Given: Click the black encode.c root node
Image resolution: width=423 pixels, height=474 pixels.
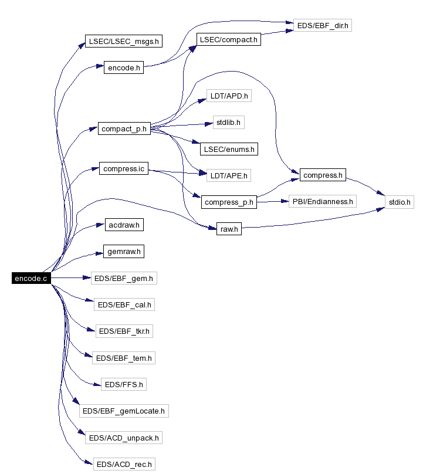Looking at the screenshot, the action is [31, 278].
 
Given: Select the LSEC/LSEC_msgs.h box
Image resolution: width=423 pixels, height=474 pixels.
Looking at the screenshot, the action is [124, 41].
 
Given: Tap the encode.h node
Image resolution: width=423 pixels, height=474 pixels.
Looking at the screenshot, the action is [124, 67].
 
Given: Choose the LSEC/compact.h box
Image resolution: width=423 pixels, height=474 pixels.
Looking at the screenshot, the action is [229, 40].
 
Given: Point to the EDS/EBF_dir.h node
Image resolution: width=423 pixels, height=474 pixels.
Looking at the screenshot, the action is [323, 25].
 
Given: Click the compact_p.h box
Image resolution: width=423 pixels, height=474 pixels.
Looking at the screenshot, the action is [124, 129].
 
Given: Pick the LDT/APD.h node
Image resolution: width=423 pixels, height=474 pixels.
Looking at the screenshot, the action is [229, 96].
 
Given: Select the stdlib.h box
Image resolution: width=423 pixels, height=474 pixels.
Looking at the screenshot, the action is [229, 123].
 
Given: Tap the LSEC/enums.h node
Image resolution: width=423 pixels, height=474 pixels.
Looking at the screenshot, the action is [229, 149].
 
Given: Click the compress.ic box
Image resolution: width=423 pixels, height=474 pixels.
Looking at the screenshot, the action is [124, 168].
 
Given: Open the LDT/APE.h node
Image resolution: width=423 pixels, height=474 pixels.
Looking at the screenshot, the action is [229, 175].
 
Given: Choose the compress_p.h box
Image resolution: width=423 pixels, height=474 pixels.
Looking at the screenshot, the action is [229, 202].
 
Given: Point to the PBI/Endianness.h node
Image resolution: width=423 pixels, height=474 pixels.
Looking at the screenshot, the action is [323, 201].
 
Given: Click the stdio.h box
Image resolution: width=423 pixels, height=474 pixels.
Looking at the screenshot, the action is [400, 202].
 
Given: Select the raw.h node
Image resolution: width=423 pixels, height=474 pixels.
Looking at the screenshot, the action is [229, 229].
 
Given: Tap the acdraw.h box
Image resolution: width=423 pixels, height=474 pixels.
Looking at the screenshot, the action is [124, 225].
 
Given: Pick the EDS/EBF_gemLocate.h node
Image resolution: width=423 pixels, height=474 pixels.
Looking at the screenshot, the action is [124, 411].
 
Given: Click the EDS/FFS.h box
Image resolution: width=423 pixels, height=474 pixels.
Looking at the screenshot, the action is [124, 384].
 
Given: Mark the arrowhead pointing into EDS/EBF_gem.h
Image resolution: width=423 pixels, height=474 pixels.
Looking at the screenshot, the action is [87, 277].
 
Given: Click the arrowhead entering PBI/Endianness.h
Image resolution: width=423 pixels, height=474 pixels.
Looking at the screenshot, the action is [285, 201].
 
